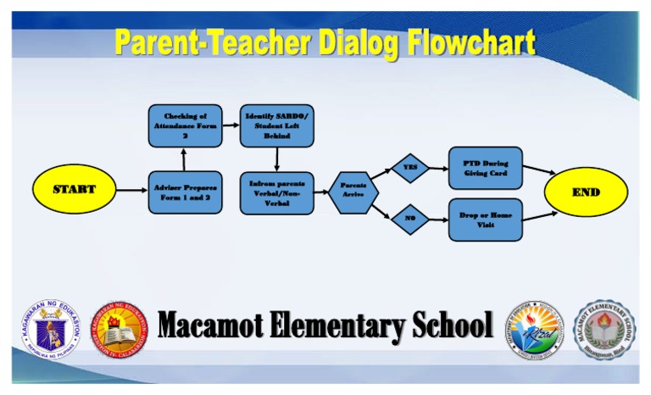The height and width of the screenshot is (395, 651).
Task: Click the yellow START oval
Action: [75, 189]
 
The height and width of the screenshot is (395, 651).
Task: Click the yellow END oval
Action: [586, 192]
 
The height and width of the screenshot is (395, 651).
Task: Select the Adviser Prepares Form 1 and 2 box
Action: [185, 192]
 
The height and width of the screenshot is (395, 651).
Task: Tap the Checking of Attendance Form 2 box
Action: [185, 125]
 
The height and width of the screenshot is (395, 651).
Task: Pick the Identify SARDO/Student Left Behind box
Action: [276, 125]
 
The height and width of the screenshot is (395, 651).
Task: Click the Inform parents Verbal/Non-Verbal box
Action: [276, 192]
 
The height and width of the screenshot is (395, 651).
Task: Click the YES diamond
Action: [410, 168]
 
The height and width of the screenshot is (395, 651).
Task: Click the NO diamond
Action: [410, 219]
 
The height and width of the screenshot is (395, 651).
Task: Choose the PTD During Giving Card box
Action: [485, 168]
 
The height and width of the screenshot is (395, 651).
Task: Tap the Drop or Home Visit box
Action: [485, 220]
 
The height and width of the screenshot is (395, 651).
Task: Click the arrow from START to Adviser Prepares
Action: [131, 191]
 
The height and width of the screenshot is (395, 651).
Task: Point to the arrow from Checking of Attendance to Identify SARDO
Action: [230, 125]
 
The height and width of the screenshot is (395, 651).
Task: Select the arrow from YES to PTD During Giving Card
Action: [438, 168]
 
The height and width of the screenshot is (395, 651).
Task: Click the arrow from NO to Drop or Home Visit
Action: [438, 220]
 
